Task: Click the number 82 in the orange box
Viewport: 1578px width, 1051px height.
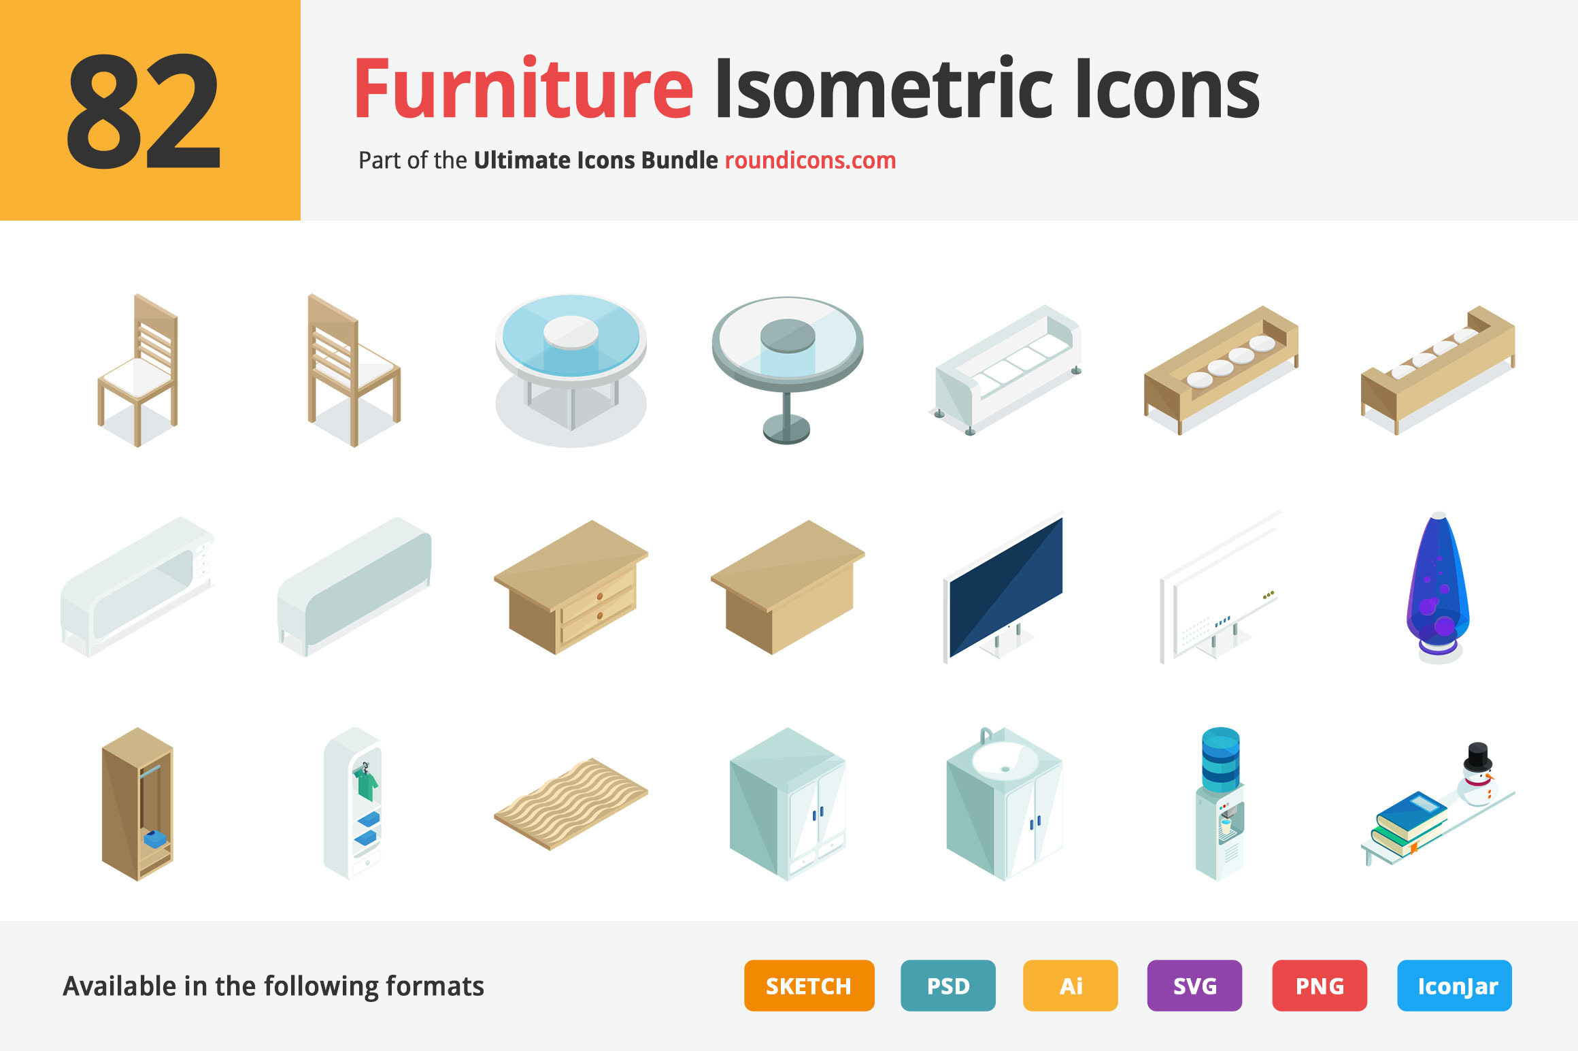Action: pos(144,111)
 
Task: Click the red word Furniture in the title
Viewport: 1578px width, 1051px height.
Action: pos(523,88)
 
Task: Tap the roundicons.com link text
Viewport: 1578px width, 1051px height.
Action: pos(810,161)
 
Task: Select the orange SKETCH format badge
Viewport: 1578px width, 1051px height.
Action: pos(809,986)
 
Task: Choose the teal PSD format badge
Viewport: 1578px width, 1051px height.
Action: pos(948,986)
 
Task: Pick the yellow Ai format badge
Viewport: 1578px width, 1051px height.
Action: pos(1071,986)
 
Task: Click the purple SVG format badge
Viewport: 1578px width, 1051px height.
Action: pos(1194,986)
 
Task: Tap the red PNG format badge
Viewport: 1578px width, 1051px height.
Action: pos(1320,986)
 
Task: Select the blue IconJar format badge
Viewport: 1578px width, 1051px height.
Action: pos(1454,986)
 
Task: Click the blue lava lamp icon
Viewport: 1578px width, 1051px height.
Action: pos(1438,587)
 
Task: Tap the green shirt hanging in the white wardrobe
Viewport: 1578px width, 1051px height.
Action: pos(365,783)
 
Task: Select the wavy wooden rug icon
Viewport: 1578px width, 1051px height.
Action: pos(571,803)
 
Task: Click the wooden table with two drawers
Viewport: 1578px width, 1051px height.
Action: pos(571,587)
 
